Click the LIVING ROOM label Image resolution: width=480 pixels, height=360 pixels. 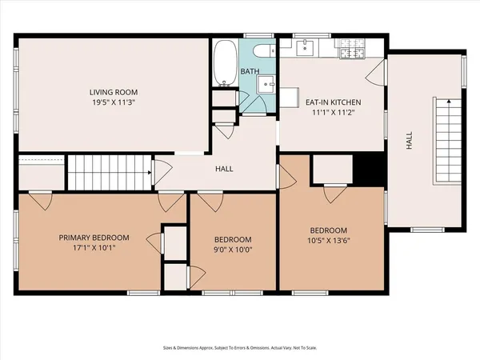(112, 92)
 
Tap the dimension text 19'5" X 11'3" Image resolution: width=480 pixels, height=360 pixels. (112, 103)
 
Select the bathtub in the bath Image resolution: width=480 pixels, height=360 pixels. (224, 63)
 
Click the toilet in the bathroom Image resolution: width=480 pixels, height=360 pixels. (262, 54)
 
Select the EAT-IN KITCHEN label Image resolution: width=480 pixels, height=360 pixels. (334, 102)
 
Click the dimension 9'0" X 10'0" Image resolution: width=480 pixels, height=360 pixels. (233, 250)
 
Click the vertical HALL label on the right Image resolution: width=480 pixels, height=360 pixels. (409, 142)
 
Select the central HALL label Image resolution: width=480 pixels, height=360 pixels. (224, 169)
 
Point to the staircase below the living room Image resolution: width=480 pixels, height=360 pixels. (108, 172)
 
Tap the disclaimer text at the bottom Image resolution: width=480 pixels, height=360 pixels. (240, 348)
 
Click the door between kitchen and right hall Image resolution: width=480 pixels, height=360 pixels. (378, 73)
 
